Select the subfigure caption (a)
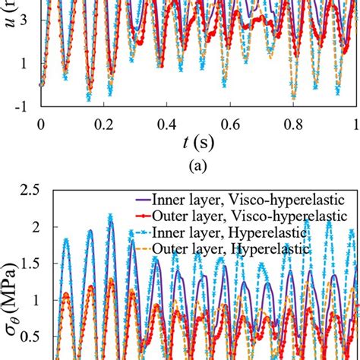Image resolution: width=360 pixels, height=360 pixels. (x=199, y=172)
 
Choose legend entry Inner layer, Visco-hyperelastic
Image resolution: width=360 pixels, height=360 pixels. (x=244, y=202)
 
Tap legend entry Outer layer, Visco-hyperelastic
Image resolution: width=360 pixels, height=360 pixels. (x=245, y=216)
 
